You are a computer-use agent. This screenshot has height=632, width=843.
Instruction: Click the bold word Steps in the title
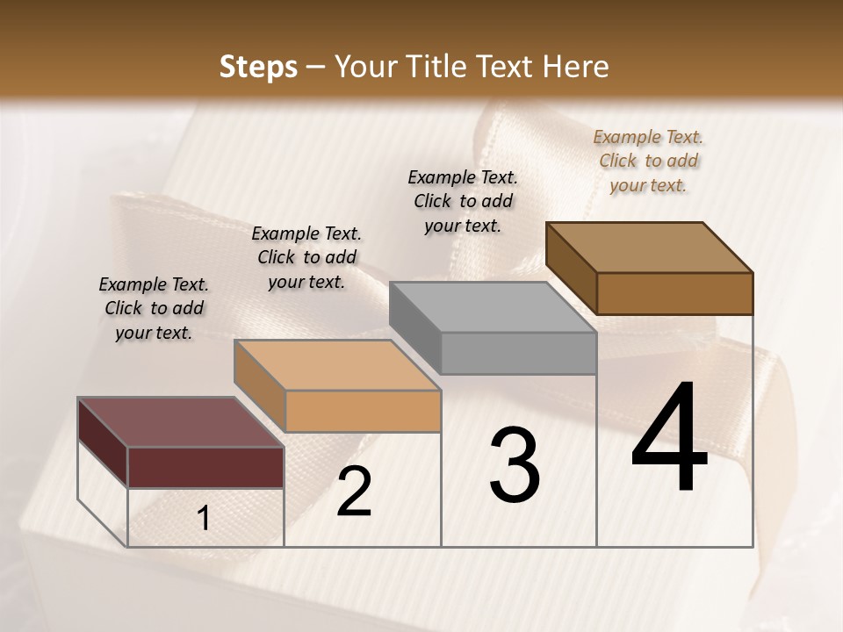258,67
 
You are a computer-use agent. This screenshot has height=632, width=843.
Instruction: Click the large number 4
670,439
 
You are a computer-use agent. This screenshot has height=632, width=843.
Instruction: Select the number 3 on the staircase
515,465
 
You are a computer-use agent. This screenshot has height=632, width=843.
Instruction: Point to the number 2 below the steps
354,492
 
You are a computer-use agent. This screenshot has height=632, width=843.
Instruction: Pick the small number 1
204,519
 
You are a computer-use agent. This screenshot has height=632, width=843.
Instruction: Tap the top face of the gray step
493,307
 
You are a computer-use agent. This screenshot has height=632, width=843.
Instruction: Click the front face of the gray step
518,354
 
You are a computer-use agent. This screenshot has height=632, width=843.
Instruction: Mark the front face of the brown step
674,293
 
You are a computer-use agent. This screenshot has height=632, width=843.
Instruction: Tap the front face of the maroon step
205,467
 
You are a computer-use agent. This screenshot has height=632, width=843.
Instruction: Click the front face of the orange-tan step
363,411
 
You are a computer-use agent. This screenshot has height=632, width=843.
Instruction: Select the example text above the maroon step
154,308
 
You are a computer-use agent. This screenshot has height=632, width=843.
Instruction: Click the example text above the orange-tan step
306,257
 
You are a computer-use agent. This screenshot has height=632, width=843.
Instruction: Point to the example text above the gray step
463,201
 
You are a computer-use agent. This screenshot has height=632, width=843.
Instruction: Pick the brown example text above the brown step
648,161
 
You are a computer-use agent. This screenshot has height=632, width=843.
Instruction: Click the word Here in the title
576,67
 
